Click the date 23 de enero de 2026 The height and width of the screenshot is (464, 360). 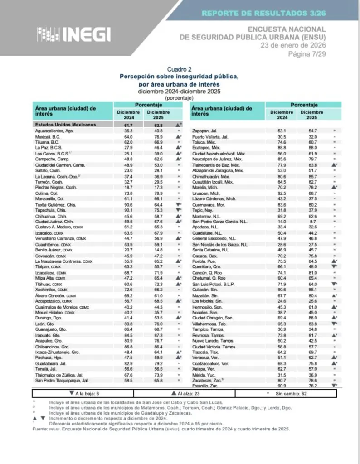pos(292,45)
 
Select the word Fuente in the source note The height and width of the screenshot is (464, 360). pos(40,428)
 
